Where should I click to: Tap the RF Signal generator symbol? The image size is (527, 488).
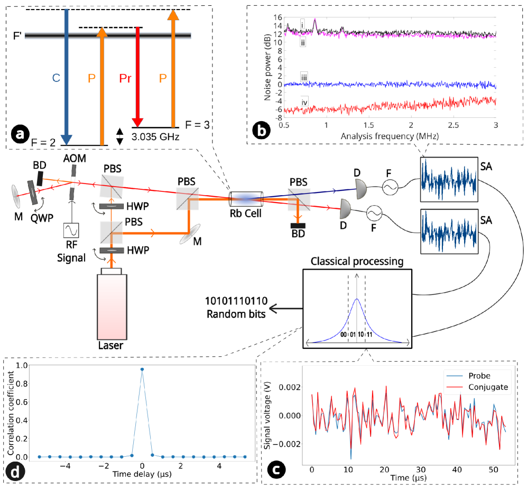[71, 231]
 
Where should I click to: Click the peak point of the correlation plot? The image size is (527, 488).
[142, 370]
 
